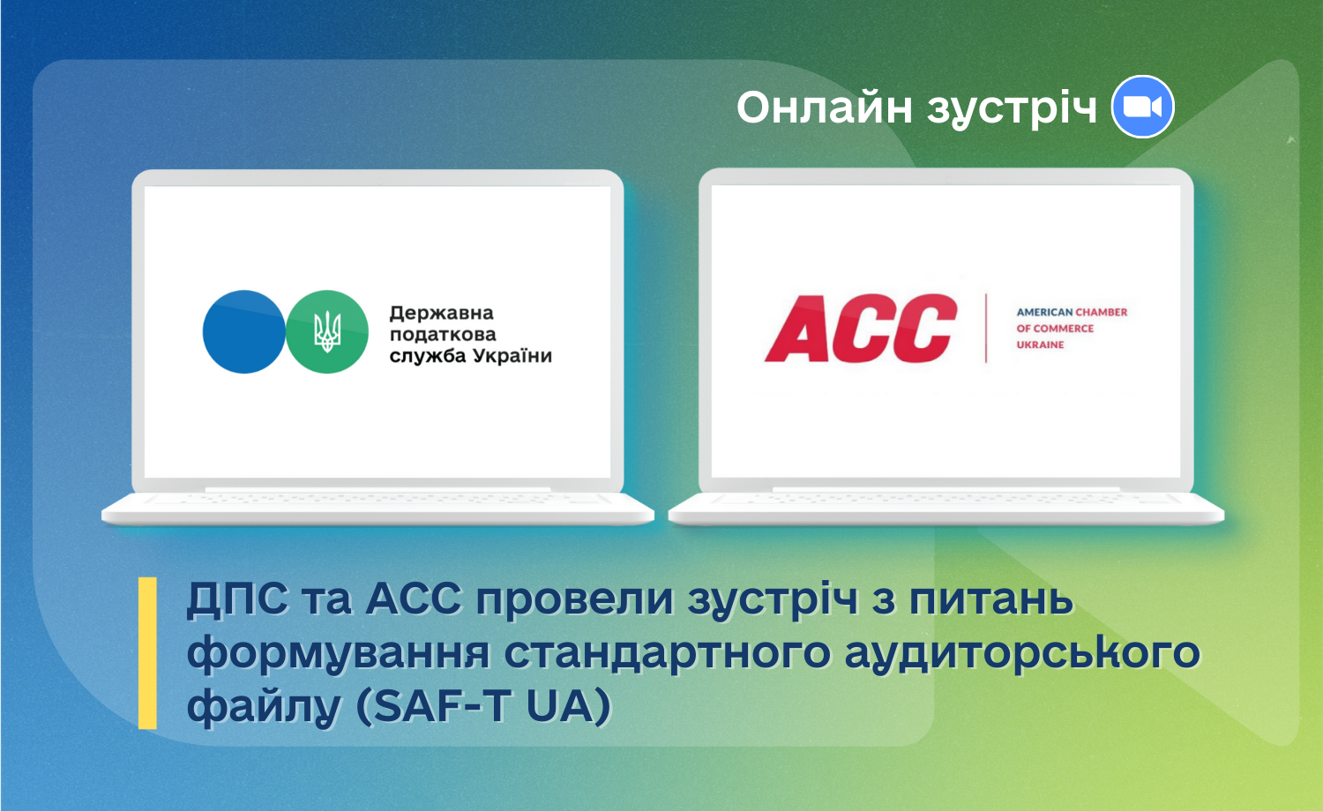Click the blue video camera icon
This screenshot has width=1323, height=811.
[x=1142, y=107]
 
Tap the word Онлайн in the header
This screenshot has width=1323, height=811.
[x=825, y=108]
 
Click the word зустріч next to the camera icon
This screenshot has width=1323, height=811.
[x=1012, y=109]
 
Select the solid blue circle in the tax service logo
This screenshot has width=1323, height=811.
[x=244, y=331]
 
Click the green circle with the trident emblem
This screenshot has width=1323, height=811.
[x=327, y=331]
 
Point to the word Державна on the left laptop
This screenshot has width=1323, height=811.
[x=441, y=313]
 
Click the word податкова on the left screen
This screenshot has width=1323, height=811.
[x=443, y=335]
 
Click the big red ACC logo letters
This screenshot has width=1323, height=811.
[x=861, y=328]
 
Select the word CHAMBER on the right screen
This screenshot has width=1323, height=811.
[x=1102, y=312]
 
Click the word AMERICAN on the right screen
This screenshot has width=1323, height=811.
[x=1044, y=312]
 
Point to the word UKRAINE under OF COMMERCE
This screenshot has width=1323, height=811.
[x=1040, y=345]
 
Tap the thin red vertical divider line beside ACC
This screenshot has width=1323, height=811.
[x=986, y=328]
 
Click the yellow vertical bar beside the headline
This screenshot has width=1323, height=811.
[x=147, y=653]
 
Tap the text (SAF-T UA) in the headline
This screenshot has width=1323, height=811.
[x=483, y=706]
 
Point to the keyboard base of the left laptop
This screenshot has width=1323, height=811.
[x=378, y=509]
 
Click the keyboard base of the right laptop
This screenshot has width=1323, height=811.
[x=946, y=509]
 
